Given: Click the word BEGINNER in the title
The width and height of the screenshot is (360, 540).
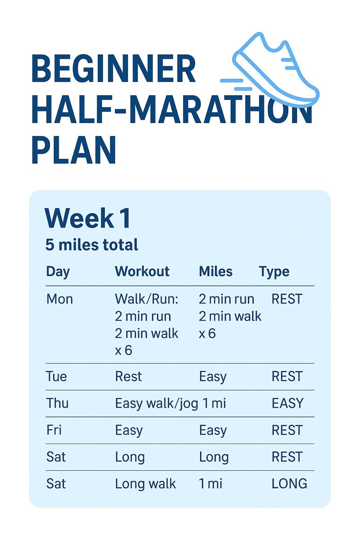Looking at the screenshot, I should tap(113, 69).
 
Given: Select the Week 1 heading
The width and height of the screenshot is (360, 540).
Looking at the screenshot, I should tap(87, 218).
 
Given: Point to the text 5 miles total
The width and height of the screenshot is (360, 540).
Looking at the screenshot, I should tap(92, 245).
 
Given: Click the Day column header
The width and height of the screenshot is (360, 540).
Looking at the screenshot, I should tap(58, 272).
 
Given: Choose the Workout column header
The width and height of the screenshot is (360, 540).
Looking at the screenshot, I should tap(142, 271).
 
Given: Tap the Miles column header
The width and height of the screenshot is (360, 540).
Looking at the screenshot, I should tap(216, 271).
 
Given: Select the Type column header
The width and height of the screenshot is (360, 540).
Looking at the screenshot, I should tap(274, 272).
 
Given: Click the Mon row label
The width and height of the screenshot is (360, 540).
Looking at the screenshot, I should tap(60, 299).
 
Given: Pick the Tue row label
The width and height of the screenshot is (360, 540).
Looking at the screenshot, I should tap(57, 376).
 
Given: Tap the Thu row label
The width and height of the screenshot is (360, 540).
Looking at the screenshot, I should tap(58, 403).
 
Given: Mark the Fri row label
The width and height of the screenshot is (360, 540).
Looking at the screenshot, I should tap(54, 430).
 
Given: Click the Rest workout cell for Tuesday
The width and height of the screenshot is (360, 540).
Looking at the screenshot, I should tap(128, 376).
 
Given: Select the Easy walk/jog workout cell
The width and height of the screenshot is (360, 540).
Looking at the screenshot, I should tap(156, 403).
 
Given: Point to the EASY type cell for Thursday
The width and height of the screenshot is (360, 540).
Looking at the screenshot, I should tap(288, 403).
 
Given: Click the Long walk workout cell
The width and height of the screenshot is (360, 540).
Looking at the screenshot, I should tap(145, 484).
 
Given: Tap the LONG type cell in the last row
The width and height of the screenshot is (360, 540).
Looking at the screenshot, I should tap(289, 484).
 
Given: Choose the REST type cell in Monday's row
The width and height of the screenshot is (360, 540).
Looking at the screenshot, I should tap(287, 299).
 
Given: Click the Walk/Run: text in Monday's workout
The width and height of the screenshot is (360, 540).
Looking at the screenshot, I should tap(147, 299).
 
